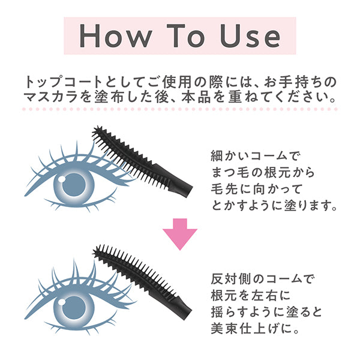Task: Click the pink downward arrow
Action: [x=181, y=233]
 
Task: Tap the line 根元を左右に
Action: [x=244, y=296]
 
